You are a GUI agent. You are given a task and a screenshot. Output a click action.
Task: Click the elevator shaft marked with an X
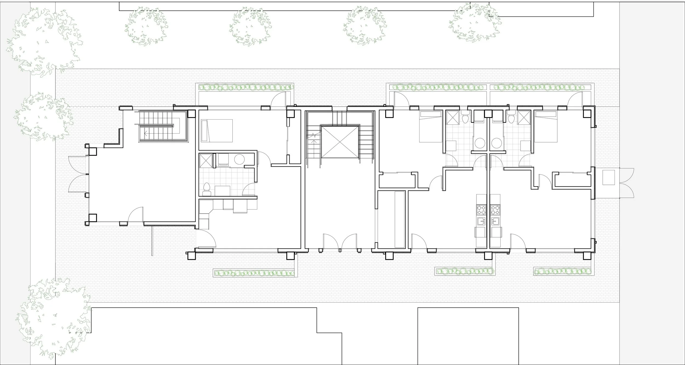point(340,142)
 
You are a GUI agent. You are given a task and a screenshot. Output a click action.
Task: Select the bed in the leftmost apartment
point(216,130)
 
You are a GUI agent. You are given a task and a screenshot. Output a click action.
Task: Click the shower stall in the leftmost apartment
point(206,160)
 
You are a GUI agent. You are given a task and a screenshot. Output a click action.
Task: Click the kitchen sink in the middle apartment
point(481,221)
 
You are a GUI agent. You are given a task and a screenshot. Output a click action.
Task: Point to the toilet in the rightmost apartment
point(510,119)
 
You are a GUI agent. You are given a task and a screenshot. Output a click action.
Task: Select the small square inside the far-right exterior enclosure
point(608,177)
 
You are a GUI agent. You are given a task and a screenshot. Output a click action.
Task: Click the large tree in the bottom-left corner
point(53,318)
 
